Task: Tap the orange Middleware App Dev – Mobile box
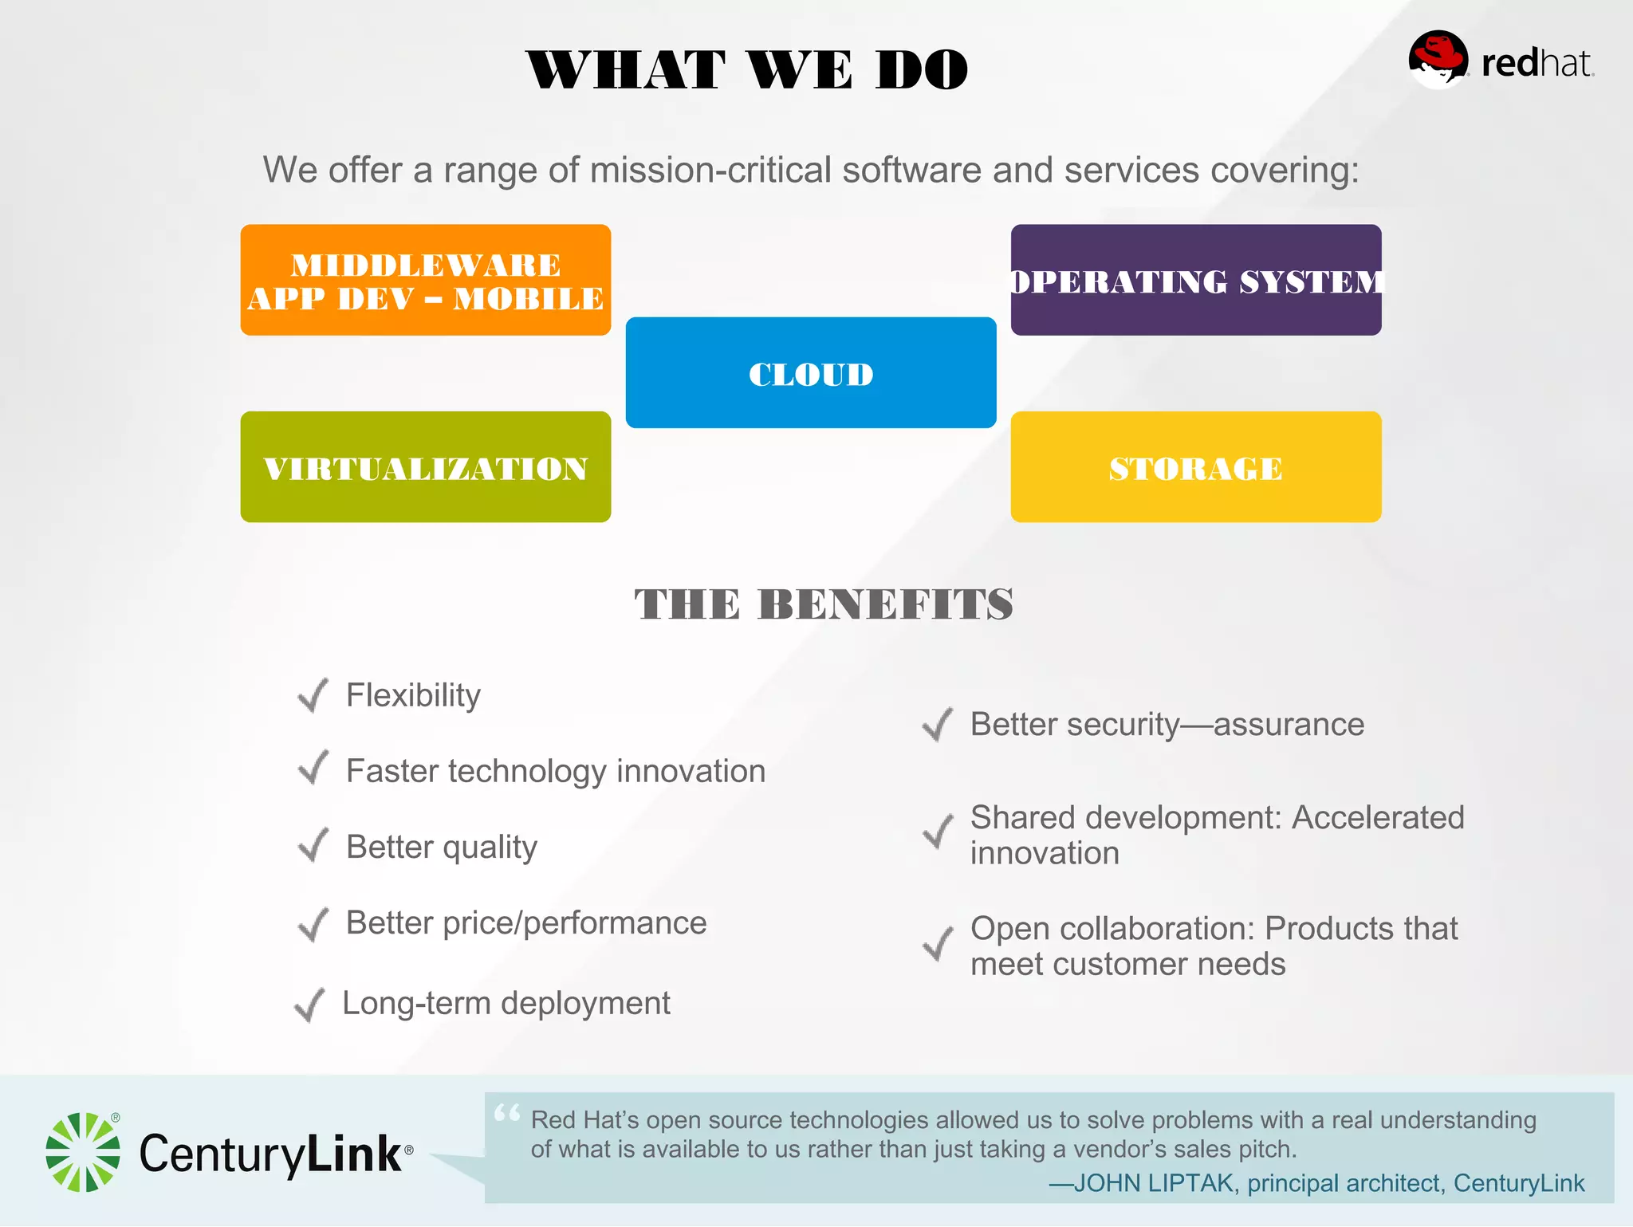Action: pos(426,280)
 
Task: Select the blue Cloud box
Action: pos(811,373)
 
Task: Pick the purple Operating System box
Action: pos(1196,280)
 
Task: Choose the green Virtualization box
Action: pos(426,467)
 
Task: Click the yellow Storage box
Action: pos(1196,467)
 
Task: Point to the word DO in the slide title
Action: pos(921,69)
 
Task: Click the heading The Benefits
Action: pos(824,604)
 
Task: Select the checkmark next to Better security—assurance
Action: pos(937,724)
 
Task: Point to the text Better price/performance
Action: pos(526,923)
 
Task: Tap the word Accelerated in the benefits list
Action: pos(1378,817)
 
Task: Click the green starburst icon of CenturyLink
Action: pos(83,1152)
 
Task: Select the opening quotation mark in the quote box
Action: pos(507,1112)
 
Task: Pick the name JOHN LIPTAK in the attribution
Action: pos(1154,1183)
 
